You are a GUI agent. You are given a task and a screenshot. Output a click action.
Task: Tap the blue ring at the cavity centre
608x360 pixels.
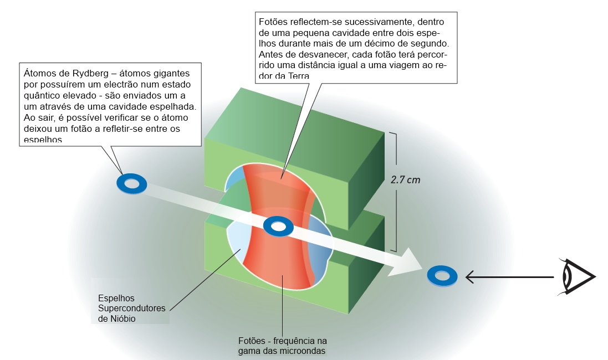(x=278, y=226)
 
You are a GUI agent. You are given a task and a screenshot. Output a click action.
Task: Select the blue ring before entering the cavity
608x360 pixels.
(x=131, y=183)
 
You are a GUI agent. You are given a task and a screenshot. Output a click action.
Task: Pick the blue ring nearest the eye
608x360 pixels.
(x=442, y=275)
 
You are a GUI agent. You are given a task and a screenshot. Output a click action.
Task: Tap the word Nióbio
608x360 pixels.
(x=118, y=318)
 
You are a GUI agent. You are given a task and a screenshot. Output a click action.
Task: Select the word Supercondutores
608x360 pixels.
(x=132, y=308)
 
